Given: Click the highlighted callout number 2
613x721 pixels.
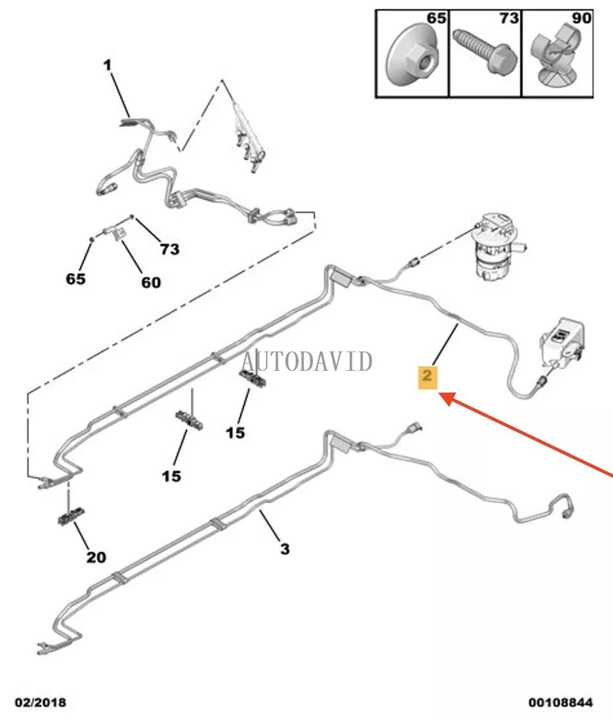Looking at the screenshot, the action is click(x=427, y=376).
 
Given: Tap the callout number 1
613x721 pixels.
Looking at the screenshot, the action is click(x=107, y=65).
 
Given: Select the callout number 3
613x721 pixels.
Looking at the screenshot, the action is click(x=285, y=549).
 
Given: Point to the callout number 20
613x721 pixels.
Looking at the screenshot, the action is click(x=96, y=557).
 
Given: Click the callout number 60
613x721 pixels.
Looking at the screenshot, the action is click(x=151, y=282).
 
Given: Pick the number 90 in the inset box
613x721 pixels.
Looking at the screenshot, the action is click(x=581, y=18).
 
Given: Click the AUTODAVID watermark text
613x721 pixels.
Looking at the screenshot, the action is click(x=307, y=361).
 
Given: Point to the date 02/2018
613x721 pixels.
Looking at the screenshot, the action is click(x=41, y=702).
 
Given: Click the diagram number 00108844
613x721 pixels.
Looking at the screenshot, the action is click(x=561, y=702).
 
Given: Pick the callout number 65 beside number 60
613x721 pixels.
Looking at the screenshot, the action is click(x=75, y=279).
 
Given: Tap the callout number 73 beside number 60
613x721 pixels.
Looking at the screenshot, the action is click(x=169, y=249).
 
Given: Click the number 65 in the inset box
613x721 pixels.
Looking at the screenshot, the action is click(x=436, y=18).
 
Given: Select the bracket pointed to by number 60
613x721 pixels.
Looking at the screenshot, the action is click(x=116, y=233).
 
